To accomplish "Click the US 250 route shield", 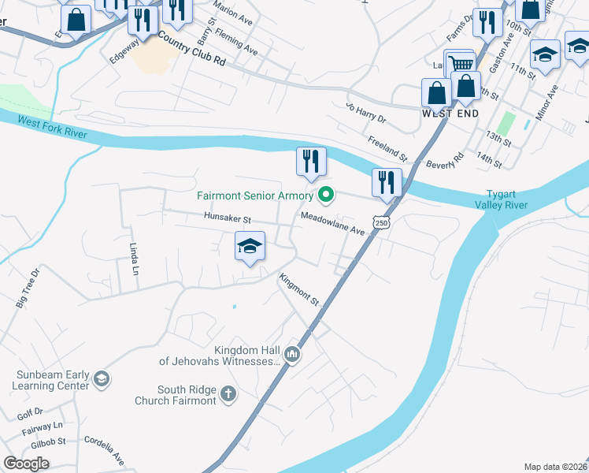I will [381, 224].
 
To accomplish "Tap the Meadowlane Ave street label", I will [332, 224].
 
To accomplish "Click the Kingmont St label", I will [299, 289].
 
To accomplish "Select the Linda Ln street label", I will [135, 257].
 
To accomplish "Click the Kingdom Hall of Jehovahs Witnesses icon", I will [292, 356].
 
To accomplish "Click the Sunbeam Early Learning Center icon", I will [101, 380].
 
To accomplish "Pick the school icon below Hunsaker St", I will [250, 247].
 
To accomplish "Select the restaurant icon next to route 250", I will [387, 182].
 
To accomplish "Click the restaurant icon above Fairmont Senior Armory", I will [311, 162].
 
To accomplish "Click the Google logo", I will [26, 464].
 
